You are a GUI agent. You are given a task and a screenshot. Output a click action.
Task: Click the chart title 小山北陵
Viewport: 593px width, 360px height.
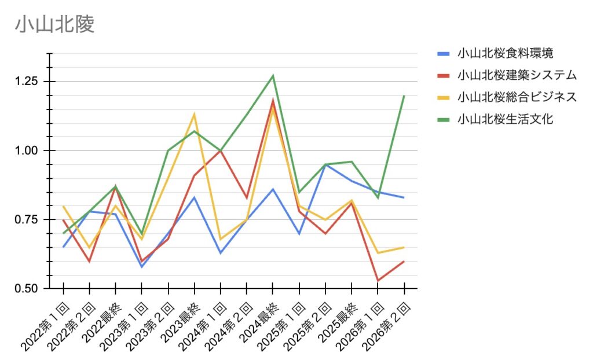click(x=54, y=24)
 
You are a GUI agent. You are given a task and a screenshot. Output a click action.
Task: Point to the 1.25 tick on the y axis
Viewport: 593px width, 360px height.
click(x=27, y=82)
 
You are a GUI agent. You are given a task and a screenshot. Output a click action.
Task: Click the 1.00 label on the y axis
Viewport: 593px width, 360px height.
click(x=27, y=150)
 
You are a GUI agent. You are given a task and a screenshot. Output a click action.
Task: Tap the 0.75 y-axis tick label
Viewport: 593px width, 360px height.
click(x=27, y=219)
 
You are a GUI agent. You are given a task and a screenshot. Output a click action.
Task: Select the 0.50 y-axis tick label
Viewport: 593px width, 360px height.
click(x=27, y=288)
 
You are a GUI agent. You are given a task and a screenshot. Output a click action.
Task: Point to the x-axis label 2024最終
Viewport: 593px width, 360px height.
click(x=255, y=324)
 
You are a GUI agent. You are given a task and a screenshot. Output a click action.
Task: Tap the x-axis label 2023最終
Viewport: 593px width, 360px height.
click(x=177, y=324)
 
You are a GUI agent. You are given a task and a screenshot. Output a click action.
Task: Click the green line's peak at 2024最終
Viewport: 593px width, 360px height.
click(x=273, y=76)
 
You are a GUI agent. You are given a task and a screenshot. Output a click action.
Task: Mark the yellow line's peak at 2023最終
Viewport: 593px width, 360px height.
click(x=194, y=114)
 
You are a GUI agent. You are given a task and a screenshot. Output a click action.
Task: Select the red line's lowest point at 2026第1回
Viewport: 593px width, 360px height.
click(x=378, y=281)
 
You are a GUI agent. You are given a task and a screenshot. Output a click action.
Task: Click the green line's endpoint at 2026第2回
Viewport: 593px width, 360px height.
click(x=404, y=95)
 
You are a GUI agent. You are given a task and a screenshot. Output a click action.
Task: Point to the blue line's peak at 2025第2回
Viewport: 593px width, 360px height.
click(x=325, y=164)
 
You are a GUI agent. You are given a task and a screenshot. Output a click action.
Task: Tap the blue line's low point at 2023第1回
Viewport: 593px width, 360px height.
click(x=142, y=267)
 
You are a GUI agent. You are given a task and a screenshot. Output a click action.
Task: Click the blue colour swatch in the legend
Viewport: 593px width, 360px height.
click(x=443, y=54)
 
